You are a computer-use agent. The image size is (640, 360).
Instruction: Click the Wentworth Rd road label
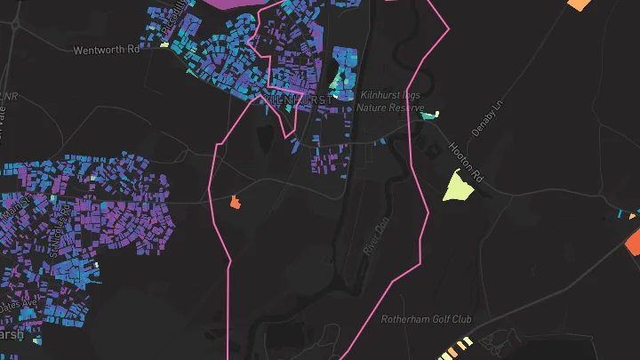click(x=108, y=50)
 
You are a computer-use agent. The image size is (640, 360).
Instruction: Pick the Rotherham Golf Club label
click(x=427, y=319)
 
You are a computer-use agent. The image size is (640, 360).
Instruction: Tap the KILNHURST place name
click(x=298, y=100)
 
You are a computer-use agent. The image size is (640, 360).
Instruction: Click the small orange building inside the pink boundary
click(x=236, y=203)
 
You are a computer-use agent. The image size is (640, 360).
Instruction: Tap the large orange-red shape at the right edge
click(x=634, y=241)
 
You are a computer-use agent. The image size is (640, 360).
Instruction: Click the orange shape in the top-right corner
click(x=579, y=4)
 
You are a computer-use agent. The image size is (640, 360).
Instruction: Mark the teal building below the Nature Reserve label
click(x=430, y=115)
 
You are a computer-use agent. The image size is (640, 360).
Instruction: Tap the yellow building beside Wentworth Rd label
click(x=164, y=44)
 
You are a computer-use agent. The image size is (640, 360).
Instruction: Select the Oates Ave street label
click(x=18, y=305)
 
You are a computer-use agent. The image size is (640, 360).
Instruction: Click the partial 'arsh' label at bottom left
click(x=11, y=335)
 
